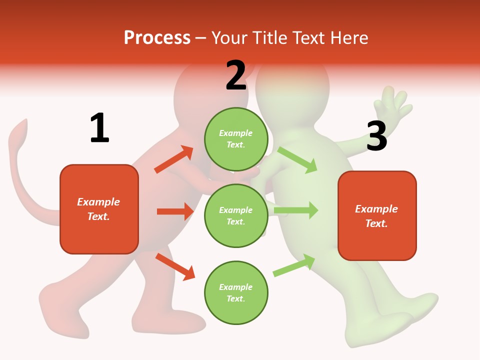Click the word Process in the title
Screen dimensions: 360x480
[157, 37]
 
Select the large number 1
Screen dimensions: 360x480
[99, 128]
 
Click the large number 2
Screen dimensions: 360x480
[236, 75]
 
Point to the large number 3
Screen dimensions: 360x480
[376, 136]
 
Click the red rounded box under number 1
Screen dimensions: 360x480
[99, 209]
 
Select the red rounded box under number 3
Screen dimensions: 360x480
[377, 216]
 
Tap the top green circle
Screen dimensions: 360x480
[236, 139]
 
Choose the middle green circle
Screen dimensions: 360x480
[236, 215]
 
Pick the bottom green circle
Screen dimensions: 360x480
[236, 292]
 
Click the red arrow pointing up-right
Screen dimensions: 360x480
[174, 159]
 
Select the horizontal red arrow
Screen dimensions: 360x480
[175, 211]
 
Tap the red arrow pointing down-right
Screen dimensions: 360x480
[175, 266]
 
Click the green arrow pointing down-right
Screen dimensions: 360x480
[297, 159]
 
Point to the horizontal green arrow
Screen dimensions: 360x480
[296, 210]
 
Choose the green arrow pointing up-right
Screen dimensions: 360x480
[294, 265]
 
